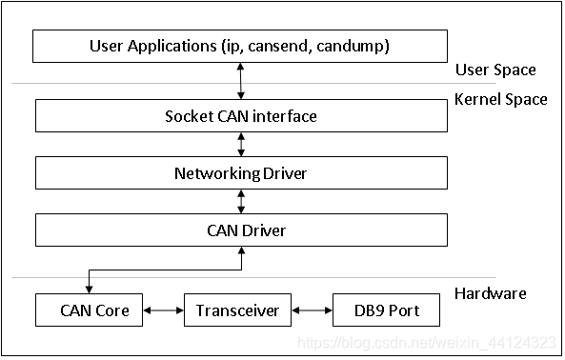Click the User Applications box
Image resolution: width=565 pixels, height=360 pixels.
click(240, 46)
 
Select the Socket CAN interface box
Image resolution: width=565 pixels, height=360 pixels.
click(240, 116)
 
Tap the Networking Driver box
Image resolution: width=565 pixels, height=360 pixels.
click(240, 173)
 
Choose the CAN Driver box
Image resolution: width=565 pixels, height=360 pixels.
click(240, 230)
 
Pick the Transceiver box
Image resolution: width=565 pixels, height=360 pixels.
click(236, 310)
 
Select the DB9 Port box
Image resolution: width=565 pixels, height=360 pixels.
click(387, 310)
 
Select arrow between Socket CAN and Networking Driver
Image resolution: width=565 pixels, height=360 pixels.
click(241, 145)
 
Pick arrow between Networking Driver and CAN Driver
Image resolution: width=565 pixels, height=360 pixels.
click(241, 201)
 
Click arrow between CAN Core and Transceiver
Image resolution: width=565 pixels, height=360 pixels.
click(163, 310)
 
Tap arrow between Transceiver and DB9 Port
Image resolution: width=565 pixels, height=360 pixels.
click(312, 310)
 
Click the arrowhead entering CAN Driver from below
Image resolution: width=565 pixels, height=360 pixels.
click(241, 250)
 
